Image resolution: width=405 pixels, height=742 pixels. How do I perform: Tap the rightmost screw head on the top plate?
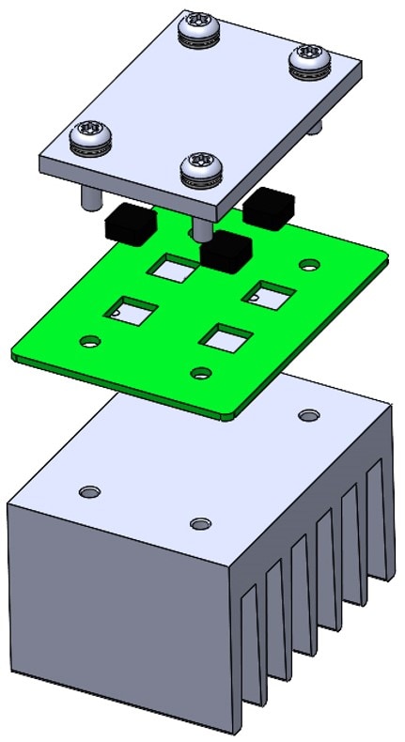(x=309, y=56)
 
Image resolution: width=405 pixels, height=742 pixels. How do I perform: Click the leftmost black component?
(x=129, y=224)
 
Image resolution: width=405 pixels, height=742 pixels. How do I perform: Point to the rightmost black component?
(x=271, y=206)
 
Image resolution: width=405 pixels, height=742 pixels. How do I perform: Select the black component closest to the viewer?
(x=226, y=250)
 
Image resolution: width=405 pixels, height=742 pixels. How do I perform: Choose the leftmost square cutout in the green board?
(x=130, y=310)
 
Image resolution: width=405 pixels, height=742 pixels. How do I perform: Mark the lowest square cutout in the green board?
(x=226, y=336)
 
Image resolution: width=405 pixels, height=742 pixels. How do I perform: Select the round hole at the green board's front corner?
(x=199, y=373)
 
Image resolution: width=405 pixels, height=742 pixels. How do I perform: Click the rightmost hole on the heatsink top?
(x=308, y=414)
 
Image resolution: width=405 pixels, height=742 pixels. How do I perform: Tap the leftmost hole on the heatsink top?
(x=89, y=492)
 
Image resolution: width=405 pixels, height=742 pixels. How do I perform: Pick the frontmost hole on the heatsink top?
(x=198, y=523)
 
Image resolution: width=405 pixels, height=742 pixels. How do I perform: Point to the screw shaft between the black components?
(x=200, y=228)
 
